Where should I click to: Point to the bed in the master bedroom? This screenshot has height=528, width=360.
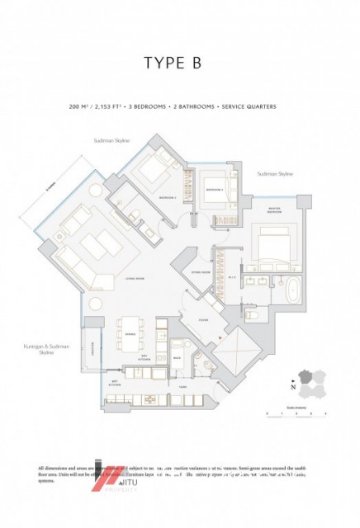271,246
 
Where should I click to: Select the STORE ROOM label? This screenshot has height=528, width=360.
197,270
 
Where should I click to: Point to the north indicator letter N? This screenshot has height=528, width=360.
292,386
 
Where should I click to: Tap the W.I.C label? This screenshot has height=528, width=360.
232,276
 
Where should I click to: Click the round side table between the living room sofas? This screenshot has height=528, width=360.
96,304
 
